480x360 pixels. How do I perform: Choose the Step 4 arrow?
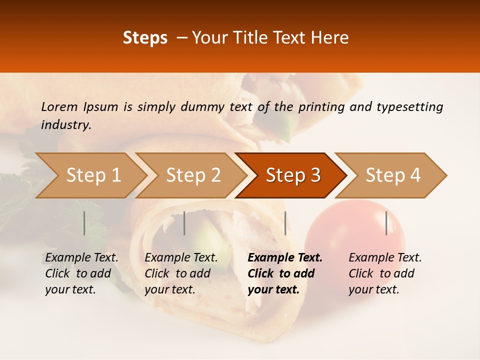[393, 175]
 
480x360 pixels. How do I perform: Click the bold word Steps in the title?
[145, 38]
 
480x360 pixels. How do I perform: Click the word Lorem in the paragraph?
[59, 106]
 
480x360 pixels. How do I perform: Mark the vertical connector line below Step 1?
[84, 223]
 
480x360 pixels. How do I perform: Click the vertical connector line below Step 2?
[184, 223]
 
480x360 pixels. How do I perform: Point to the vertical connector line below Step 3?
[285, 223]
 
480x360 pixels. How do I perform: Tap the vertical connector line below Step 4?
[386, 223]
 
